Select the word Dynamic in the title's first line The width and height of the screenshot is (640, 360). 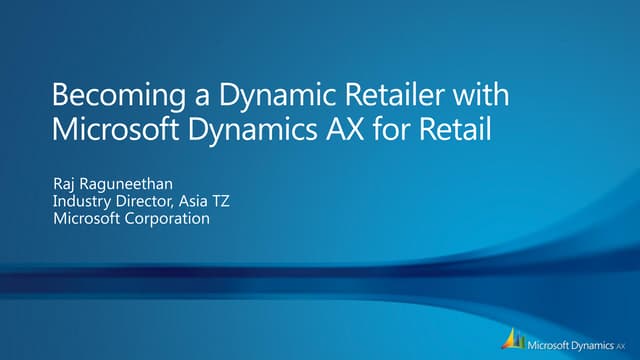pyautogui.click(x=259, y=98)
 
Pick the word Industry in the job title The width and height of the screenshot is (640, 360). pyautogui.click(x=80, y=202)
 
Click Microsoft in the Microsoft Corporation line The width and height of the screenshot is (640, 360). pyautogui.click(x=87, y=219)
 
